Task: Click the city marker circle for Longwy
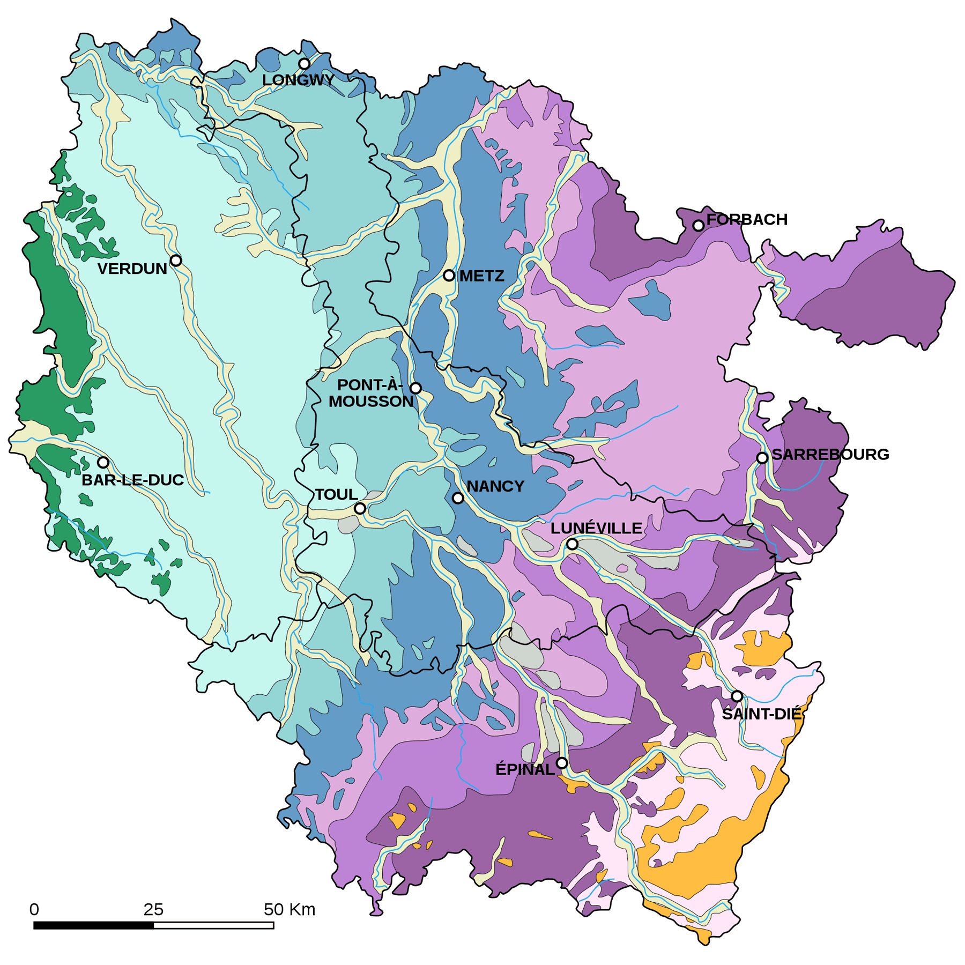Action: pos(304,64)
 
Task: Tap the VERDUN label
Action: pos(132,269)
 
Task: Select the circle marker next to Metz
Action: pos(449,276)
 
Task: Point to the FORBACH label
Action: pos(746,219)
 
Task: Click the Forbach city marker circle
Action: pos(698,226)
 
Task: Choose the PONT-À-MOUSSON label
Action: pos(370,393)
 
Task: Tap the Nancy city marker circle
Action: pos(458,498)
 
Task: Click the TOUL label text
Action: pos(336,494)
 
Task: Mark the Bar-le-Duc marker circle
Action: pos(103,462)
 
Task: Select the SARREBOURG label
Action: pos(830,455)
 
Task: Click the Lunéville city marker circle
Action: pos(572,544)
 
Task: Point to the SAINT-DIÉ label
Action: pos(761,714)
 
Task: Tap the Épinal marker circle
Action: pos(561,763)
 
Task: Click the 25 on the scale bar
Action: pos(153,910)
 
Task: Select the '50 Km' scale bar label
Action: pos(289,910)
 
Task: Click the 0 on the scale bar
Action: pos(34,910)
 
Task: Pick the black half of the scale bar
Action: pos(94,925)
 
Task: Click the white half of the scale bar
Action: pos(213,925)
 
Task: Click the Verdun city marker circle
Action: pos(176,261)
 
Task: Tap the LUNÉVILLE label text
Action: pos(596,528)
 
